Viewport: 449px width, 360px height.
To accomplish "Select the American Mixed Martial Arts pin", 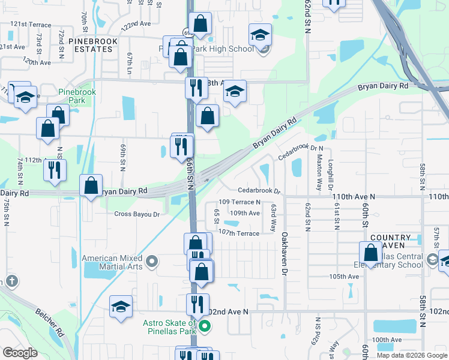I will click(152, 261).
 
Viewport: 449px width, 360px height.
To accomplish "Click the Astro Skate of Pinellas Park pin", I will click(205, 327).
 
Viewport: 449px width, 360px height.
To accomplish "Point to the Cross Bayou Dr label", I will click(137, 214).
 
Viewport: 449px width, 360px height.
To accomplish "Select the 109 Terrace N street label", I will click(240, 202).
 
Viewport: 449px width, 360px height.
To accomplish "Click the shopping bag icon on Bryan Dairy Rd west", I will click(91, 185).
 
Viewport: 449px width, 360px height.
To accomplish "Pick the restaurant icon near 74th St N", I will click(55, 169).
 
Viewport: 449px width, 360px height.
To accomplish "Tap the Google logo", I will click(20, 353).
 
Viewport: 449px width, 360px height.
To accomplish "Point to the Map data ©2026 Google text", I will click(411, 355).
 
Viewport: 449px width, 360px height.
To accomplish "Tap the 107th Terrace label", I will click(238, 232).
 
